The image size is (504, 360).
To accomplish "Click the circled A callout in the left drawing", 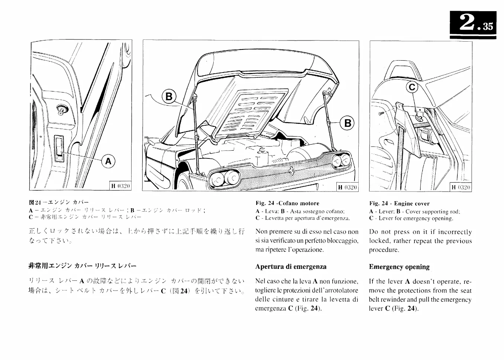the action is [108, 161].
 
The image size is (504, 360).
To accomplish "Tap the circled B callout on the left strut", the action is [169, 97].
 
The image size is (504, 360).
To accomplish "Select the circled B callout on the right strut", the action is [348, 122].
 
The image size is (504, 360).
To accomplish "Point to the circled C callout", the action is [412, 87].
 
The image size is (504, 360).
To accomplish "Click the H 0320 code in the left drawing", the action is [120, 186].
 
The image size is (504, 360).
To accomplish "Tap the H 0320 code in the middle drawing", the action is [347, 187].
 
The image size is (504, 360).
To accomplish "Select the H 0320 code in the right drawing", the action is [461, 187].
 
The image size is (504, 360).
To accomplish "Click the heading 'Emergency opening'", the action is [399, 267].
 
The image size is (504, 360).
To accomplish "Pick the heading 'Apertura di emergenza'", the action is [291, 267].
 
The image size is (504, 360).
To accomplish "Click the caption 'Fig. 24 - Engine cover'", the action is [399, 203].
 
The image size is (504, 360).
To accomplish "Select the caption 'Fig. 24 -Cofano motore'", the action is [287, 203].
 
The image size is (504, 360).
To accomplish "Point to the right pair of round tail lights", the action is [341, 161].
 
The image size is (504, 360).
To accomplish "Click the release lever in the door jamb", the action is [59, 148].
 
